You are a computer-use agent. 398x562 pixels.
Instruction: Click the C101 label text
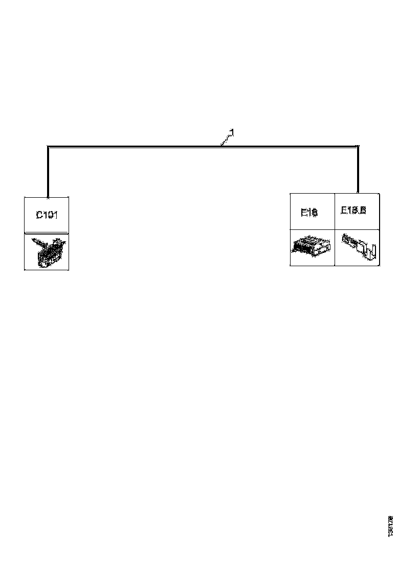pos(47,215)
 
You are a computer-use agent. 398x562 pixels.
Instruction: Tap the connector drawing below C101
pos(47,251)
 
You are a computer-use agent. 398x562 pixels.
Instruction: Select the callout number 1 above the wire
pos(232,133)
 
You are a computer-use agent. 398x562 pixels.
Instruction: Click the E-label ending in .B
pos(353,210)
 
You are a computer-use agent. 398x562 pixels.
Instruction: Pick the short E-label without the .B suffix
pos(309,212)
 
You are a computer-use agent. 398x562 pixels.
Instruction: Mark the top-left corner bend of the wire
pos(48,147)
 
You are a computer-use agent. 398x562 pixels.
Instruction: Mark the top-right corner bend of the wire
pos(358,147)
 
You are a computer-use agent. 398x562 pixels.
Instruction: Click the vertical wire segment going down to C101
pos(48,172)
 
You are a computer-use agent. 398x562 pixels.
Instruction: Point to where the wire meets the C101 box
pos(48,196)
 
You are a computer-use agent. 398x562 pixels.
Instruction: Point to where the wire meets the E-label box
pos(358,193)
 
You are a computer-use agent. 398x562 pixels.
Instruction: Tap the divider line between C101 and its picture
pos(47,233)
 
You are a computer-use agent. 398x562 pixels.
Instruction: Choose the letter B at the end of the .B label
pos(363,210)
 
